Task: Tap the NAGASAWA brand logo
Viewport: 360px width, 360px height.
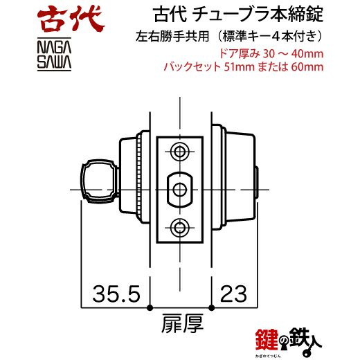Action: click(54, 54)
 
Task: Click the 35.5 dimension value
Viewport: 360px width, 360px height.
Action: click(116, 294)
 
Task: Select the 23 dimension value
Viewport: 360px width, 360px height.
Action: click(233, 294)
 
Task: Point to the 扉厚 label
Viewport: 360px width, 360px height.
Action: click(182, 323)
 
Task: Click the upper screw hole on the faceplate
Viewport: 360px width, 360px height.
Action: click(179, 152)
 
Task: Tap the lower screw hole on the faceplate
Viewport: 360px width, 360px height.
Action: click(179, 228)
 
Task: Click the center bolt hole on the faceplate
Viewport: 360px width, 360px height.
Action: click(179, 190)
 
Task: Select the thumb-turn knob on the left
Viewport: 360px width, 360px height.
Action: click(99, 181)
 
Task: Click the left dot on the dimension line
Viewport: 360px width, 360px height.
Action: click(150, 307)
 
